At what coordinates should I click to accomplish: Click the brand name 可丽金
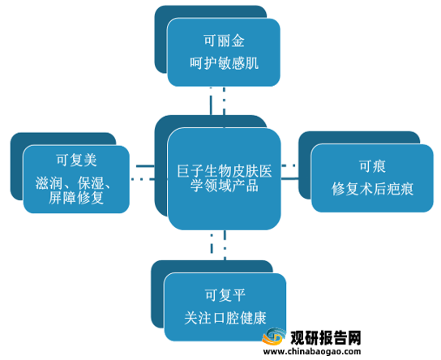coord(224,41)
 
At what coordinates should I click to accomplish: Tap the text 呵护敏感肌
coord(224,63)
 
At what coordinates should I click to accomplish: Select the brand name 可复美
coord(76,161)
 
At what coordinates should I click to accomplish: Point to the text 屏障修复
coord(76,198)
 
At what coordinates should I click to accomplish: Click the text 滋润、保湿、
coord(73,183)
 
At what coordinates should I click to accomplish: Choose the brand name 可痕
coord(372,166)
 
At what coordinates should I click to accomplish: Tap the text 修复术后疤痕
coord(372,188)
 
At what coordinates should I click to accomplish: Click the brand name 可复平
coord(225,295)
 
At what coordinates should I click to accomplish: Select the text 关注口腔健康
coord(225,318)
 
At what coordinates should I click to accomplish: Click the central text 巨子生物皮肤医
coord(225,171)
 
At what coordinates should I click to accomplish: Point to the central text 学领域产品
coord(225,186)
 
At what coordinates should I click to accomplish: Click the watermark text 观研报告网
coord(325,337)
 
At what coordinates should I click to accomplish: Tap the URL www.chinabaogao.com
coord(312,351)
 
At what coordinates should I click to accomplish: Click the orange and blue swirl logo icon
coord(273,336)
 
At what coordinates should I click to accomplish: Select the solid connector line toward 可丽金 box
coord(211,101)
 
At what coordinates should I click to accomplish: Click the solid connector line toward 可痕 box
coord(290,178)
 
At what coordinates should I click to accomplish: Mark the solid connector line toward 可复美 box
coord(145,166)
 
